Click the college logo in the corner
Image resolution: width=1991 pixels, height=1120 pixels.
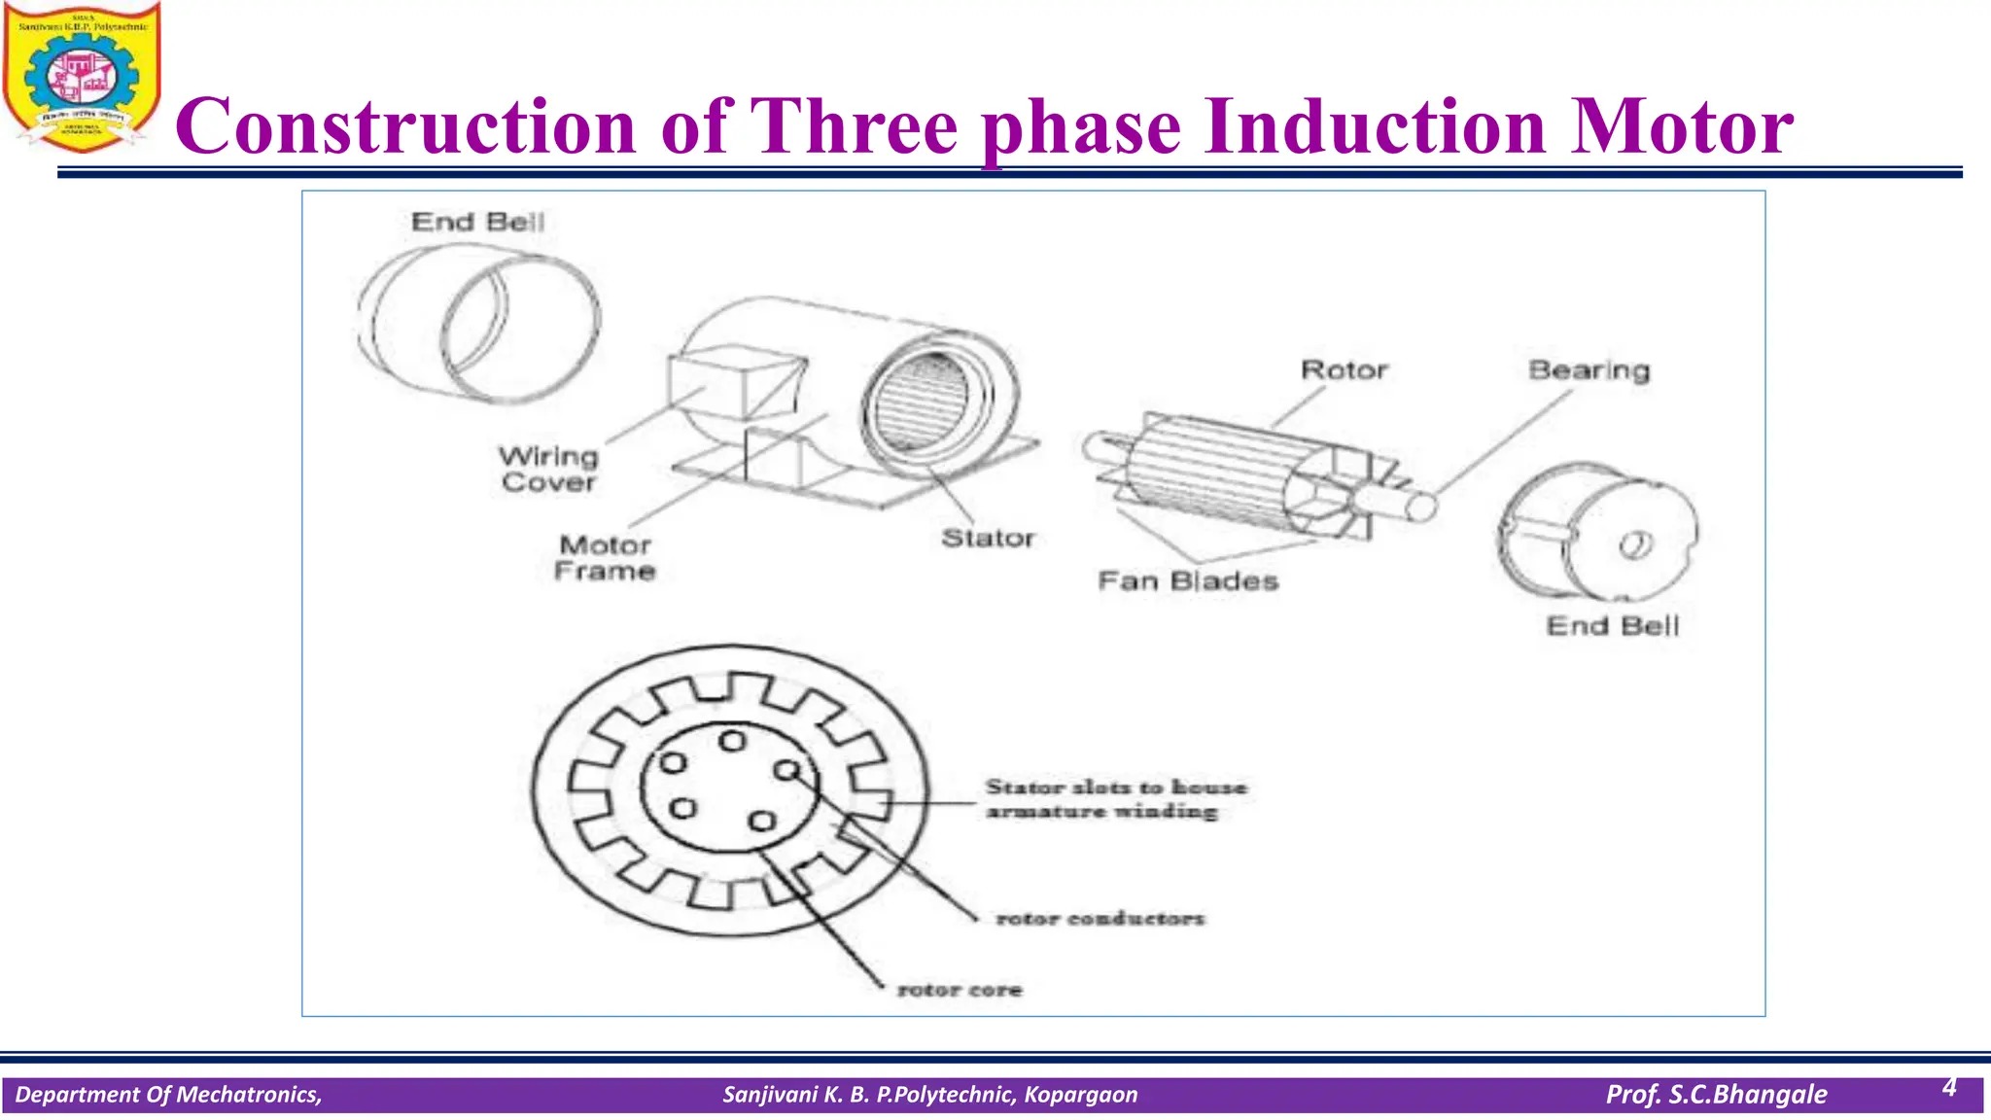click(82, 78)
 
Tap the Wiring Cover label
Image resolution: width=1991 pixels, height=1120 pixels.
click(549, 469)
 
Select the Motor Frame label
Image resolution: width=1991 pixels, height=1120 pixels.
click(605, 558)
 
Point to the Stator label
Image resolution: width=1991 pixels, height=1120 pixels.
click(988, 538)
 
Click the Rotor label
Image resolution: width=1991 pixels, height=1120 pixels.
click(1345, 370)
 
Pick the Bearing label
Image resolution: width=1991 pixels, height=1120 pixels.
click(1589, 370)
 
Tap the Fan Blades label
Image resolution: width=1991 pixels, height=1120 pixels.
click(1188, 581)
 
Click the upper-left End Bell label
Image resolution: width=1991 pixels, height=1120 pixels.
click(477, 223)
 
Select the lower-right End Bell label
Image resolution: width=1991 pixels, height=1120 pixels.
click(1613, 626)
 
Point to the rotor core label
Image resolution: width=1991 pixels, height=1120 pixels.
click(960, 990)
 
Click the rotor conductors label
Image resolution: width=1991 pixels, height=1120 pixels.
click(1100, 918)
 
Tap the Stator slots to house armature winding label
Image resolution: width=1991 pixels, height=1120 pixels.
click(1115, 798)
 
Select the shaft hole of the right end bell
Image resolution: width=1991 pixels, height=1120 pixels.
click(1634, 545)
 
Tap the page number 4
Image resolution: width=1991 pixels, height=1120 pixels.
click(1949, 1087)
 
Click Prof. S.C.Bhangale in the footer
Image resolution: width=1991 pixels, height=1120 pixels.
click(1716, 1095)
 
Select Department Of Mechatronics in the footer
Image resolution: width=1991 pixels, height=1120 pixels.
click(168, 1095)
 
